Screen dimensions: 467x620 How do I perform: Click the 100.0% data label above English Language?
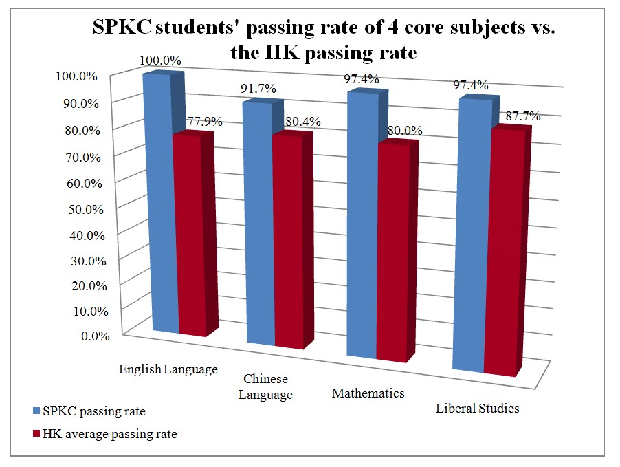point(159,61)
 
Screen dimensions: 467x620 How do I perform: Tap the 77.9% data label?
point(204,122)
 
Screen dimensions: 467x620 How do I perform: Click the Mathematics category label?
point(368,394)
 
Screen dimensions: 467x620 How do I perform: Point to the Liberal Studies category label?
point(477,409)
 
